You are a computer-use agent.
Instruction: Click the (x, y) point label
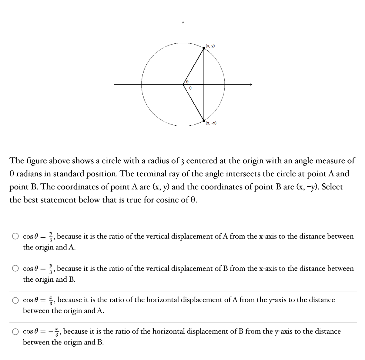click(210, 46)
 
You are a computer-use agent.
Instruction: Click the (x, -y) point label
click(211, 123)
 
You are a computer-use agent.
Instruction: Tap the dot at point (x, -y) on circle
click(204, 121)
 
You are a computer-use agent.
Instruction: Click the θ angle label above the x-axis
click(188, 81)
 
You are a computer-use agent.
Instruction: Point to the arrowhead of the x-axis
click(250, 84)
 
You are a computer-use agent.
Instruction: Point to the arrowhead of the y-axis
click(183, 22)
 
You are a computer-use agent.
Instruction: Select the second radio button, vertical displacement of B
click(15, 269)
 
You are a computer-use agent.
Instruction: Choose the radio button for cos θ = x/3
click(15, 300)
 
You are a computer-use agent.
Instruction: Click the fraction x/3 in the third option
click(52, 300)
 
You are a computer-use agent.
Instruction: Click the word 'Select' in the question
click(332, 187)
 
